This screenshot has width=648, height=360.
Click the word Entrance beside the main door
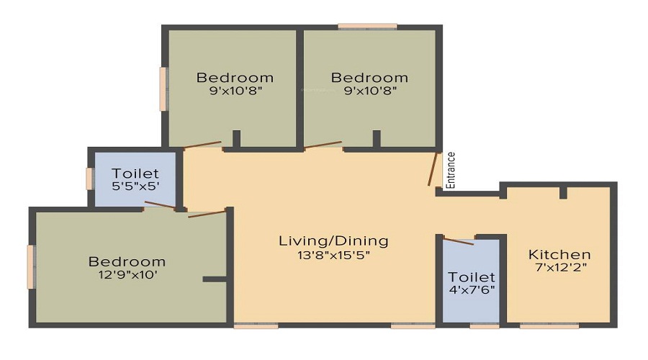[x=451, y=171]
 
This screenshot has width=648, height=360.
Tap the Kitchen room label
[x=559, y=254]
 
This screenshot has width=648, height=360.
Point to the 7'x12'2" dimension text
[x=561, y=267]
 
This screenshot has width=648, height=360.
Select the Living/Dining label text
[x=333, y=241]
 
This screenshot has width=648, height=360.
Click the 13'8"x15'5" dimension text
[x=333, y=255]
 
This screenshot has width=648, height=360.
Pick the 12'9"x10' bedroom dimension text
[x=127, y=274]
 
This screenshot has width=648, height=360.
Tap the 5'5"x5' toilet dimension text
[x=135, y=186]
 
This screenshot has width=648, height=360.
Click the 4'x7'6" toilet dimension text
[x=472, y=289]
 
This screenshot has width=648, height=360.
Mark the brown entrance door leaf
[x=433, y=169]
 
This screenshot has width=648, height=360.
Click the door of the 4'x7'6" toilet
[x=459, y=242]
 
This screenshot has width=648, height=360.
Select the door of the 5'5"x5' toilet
[x=160, y=204]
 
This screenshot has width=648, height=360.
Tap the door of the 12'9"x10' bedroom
[x=207, y=214]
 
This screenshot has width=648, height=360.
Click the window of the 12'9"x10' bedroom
[x=31, y=266]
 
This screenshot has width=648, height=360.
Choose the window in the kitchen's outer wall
[x=549, y=325]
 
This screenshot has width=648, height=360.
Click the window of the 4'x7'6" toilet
[x=485, y=325]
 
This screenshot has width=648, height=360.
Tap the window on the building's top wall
[x=367, y=27]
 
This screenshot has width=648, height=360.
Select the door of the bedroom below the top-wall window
[x=323, y=145]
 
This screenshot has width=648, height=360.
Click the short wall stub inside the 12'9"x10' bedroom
[x=215, y=279]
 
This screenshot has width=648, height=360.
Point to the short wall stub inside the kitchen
[x=563, y=193]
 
